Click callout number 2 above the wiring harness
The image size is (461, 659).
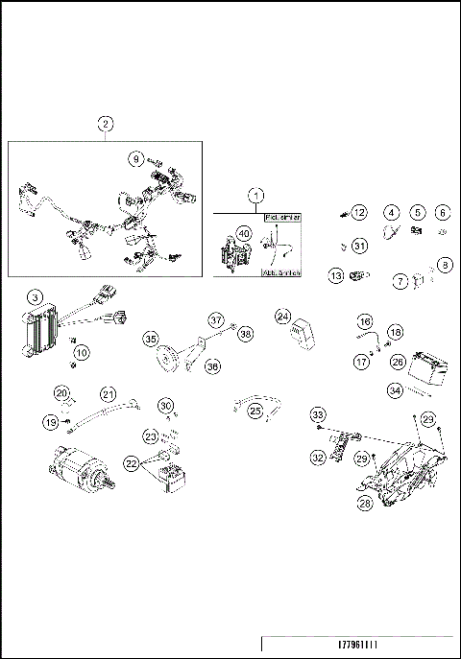pos(106,123)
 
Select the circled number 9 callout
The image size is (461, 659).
pos(136,157)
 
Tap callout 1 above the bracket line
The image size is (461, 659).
pos(255,195)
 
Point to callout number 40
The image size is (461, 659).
pos(244,234)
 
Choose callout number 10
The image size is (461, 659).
pos(82,353)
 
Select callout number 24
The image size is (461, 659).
pos(283,316)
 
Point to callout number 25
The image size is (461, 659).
pos(255,411)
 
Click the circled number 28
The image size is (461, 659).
pos(365,503)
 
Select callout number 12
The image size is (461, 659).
pos(358,212)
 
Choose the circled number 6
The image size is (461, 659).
pos(443,213)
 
